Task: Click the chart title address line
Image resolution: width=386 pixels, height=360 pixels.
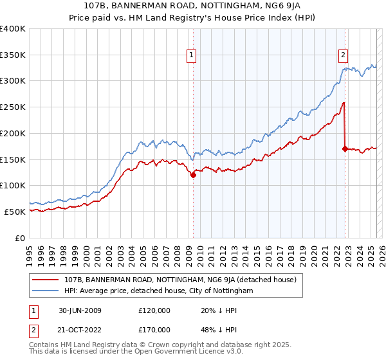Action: (x=194, y=6)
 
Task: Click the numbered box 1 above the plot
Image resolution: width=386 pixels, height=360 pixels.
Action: (x=192, y=56)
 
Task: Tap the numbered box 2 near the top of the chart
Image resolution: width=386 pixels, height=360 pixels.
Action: (x=344, y=56)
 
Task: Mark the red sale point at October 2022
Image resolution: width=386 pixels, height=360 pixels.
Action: (x=345, y=148)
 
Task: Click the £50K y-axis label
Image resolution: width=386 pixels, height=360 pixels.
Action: (x=15, y=212)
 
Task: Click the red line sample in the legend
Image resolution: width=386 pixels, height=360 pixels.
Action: (x=46, y=280)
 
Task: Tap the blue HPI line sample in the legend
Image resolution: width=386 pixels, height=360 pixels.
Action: (x=46, y=291)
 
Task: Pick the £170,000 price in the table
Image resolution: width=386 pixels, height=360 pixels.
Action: (x=154, y=329)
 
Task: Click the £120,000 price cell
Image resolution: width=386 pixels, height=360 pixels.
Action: (x=154, y=310)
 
